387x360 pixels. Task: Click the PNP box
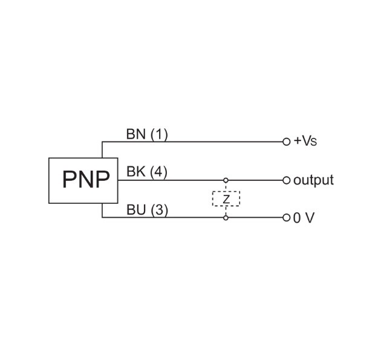83,180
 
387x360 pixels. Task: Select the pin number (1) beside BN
158,134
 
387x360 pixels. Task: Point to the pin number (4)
158,172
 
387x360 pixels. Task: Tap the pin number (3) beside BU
158,210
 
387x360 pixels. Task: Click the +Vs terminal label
305,142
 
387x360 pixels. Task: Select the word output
313,180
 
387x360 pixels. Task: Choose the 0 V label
304,218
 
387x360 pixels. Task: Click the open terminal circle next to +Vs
287,142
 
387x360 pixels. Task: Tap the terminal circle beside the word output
287,180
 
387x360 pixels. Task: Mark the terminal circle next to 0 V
287,218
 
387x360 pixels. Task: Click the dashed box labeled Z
226,198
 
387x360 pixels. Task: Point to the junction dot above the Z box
226,180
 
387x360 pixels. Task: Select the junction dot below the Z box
226,218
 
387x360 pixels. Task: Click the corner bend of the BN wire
102,142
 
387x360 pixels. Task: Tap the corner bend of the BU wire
102,218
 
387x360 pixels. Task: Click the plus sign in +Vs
297,142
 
